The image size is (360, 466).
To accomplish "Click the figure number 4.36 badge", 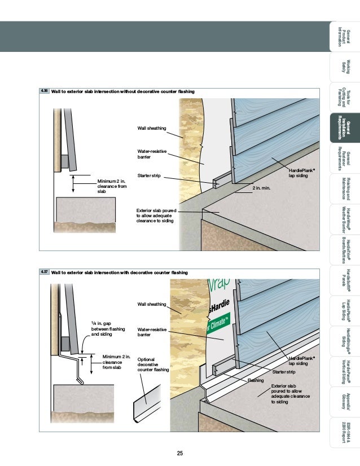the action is [45, 90].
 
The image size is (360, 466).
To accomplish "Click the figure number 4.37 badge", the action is [45, 272].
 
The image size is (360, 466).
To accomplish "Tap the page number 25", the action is [180, 453].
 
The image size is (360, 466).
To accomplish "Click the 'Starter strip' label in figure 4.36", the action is [150, 176].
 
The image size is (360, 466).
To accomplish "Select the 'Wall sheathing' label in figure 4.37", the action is [152, 305].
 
